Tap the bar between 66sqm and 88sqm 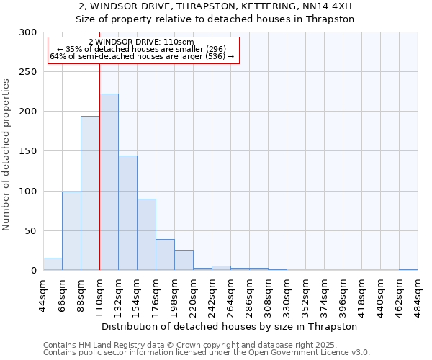71,230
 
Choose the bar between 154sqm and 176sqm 146,234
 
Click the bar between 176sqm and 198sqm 165,255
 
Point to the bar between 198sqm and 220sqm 184,260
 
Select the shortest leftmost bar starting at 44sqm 53,264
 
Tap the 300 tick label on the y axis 29,32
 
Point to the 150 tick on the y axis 29,151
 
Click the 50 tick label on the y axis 32,231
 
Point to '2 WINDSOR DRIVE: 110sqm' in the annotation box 142,42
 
